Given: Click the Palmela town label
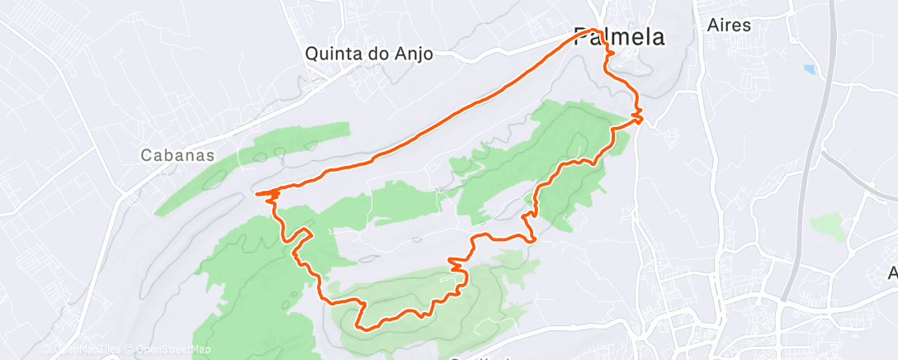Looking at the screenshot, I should (620, 37).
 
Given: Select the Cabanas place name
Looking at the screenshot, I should (177, 154).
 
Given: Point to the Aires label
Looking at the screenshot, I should (730, 25).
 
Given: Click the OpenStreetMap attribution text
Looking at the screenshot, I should (176, 349).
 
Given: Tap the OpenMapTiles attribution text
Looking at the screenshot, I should (87, 349).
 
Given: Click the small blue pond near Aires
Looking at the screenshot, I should (808, 69).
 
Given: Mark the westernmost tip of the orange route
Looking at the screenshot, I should (258, 195).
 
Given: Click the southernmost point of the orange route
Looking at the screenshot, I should (364, 329).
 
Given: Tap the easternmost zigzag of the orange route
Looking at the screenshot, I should (639, 114).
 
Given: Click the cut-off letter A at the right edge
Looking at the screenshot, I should (892, 273).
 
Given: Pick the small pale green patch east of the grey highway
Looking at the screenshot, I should (828, 225).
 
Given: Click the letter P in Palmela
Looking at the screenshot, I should (583, 37).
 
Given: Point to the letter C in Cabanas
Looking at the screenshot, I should (146, 154).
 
